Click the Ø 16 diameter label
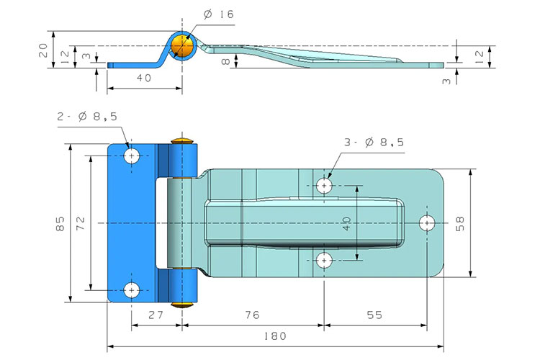219,14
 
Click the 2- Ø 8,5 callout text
86,117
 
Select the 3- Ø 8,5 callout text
374,143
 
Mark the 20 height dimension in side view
42,49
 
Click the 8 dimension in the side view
226,63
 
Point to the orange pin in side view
184,47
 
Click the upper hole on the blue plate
132,156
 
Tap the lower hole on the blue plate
132,290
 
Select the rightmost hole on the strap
429,222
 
